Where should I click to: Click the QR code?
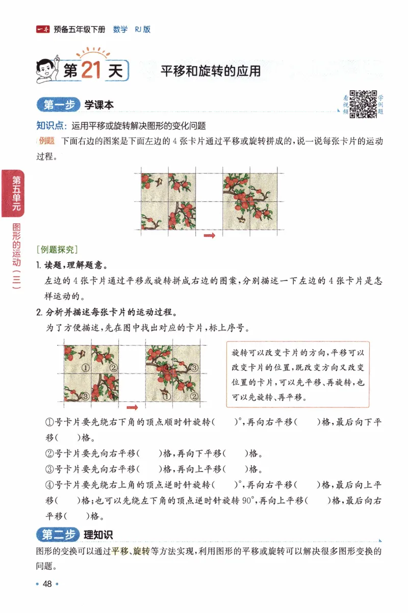click(x=363, y=104)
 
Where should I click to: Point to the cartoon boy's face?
click(x=47, y=66)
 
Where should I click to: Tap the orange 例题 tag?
click(x=47, y=141)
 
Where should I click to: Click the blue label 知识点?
click(x=50, y=125)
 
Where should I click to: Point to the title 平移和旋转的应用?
click(x=211, y=71)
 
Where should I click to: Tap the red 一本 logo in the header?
click(x=43, y=30)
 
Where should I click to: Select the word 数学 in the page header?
click(x=120, y=30)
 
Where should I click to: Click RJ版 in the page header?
click(x=142, y=30)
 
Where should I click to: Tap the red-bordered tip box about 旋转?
click(x=297, y=375)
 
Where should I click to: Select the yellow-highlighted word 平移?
click(x=120, y=551)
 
